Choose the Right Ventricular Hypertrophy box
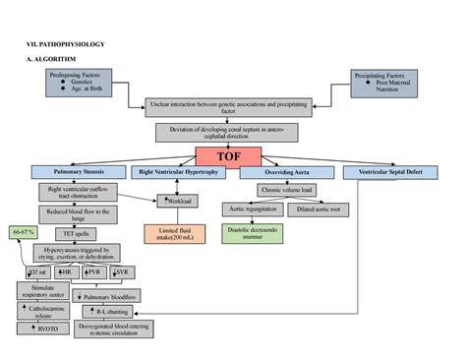click(186, 172)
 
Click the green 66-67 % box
click(24, 231)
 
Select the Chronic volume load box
click(286, 190)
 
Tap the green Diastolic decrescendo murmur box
click(252, 232)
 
